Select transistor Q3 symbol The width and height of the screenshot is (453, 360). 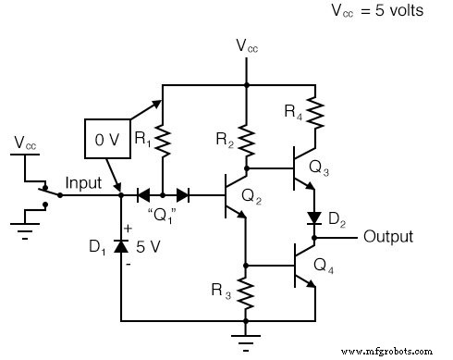point(305,168)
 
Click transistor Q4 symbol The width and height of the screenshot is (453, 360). point(305,265)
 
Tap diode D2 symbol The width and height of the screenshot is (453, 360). point(314,219)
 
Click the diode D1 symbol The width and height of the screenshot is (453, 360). point(121,248)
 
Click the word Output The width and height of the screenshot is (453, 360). point(387,237)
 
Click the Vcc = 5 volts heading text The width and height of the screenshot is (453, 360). point(376,13)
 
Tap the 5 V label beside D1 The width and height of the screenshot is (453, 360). point(147,248)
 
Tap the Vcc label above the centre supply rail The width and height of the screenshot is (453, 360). point(246,45)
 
